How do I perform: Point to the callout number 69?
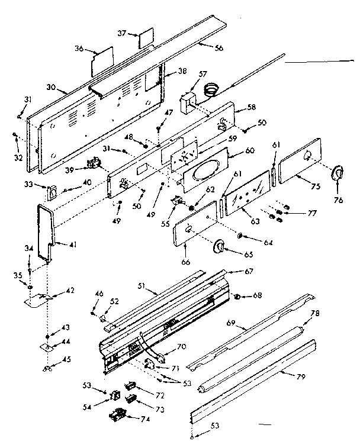point(232,323)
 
